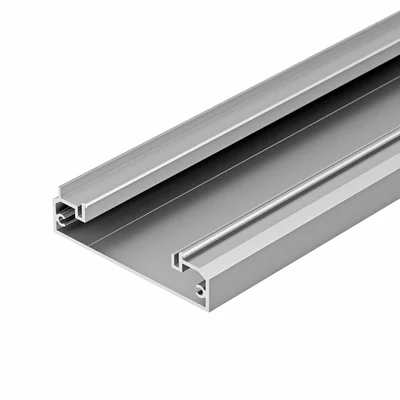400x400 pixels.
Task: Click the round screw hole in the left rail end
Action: point(61,213)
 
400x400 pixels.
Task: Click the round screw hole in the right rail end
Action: point(200,290)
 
